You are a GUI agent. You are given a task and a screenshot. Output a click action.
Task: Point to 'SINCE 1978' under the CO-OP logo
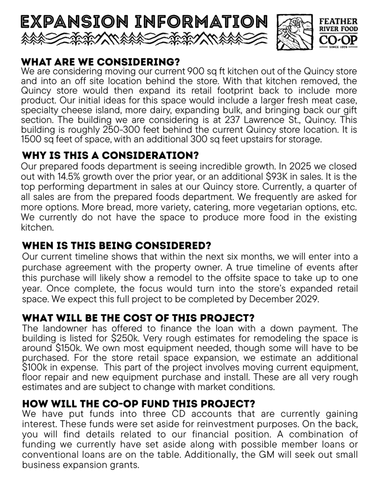(338, 47)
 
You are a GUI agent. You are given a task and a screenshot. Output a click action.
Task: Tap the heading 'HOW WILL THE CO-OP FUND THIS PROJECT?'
(138, 404)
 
